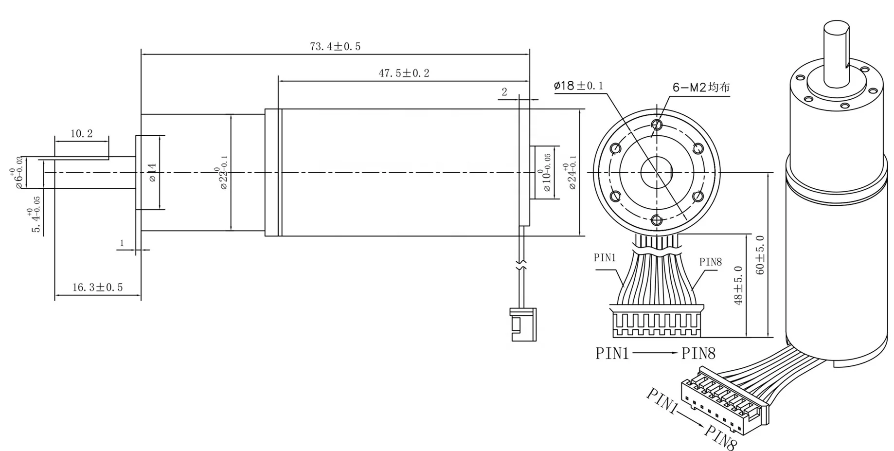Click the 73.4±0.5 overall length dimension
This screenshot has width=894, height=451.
(335, 47)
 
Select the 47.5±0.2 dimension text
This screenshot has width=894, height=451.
(404, 73)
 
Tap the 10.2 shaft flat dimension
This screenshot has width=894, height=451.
(81, 134)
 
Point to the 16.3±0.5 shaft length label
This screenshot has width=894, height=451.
(97, 288)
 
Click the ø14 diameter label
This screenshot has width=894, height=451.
(152, 173)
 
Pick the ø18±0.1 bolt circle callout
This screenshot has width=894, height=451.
(578, 86)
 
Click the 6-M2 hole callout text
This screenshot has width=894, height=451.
(701, 88)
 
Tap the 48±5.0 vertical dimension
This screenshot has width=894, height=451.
(739, 285)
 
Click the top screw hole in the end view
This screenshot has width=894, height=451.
(657, 125)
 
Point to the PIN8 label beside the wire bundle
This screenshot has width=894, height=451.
(710, 262)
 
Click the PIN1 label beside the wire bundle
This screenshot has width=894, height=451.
(605, 258)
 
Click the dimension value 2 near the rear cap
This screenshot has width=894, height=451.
(504, 92)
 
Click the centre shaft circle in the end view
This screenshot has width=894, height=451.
(656, 172)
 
